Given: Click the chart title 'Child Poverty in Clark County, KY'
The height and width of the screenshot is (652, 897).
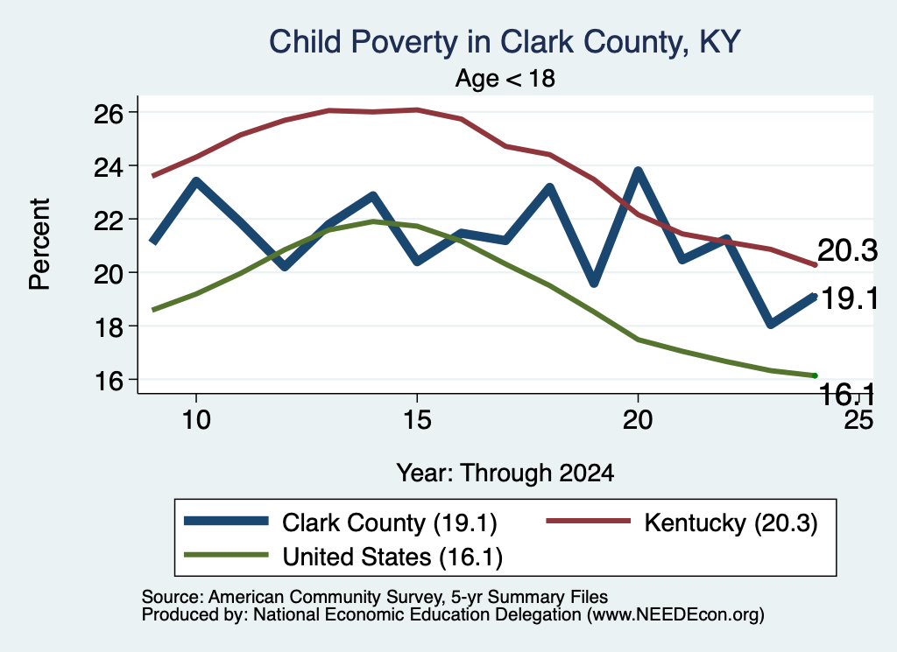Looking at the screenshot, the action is coord(505,42).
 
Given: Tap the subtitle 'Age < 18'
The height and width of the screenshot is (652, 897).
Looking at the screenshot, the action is coord(505,78).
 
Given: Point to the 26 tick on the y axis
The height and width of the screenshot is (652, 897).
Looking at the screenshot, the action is coord(109,115).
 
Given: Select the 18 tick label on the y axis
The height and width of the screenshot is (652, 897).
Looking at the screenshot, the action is coord(109,327).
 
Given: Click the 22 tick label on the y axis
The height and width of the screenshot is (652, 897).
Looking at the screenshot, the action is coord(109,221).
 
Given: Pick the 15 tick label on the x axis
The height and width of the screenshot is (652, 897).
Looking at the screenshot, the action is coord(417,420).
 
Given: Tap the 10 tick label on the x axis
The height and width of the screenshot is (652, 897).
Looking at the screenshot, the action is coord(196,420).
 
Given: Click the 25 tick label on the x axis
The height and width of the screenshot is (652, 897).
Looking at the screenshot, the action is coord(858,420).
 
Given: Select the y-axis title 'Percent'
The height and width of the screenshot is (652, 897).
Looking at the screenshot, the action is coord(39,244).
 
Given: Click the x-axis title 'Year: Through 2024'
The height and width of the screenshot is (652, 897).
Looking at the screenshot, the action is coord(505,473).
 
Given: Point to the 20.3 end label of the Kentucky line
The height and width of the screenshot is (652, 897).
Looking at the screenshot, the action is coord(847,251).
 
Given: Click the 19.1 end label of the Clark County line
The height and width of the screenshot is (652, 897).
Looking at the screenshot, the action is coord(850,298).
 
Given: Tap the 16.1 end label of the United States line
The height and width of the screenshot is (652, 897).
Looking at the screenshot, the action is coord(847,395).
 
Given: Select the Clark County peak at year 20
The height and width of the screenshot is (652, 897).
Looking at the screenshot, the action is coord(638,172).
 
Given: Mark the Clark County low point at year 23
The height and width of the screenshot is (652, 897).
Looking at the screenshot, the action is coord(771,324).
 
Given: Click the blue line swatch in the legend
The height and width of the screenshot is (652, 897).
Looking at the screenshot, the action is coord(227,521).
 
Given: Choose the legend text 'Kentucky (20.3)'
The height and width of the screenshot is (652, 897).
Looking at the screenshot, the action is coord(731,522).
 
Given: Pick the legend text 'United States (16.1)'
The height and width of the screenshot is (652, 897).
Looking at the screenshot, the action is coord(392,557).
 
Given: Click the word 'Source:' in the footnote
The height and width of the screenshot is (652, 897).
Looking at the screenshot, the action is coord(173,597).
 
